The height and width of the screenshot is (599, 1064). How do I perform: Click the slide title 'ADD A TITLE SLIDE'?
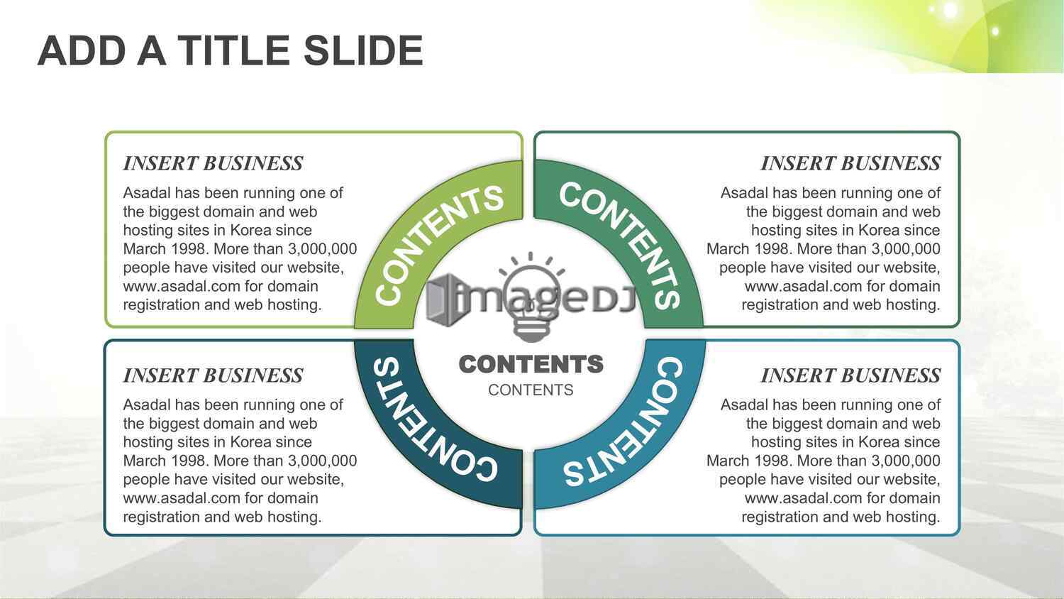pyautogui.click(x=231, y=50)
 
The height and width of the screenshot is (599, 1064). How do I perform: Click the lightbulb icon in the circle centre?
pyautogui.click(x=531, y=297)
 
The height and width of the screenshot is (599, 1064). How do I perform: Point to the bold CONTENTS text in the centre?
pyautogui.click(x=531, y=365)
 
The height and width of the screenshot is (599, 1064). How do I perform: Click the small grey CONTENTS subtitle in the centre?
pyautogui.click(x=531, y=390)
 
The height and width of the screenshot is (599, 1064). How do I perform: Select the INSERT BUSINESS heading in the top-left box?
pyautogui.click(x=213, y=163)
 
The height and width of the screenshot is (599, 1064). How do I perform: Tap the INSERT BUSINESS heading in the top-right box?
pyautogui.click(x=850, y=163)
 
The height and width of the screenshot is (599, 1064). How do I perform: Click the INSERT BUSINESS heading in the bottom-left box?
pyautogui.click(x=213, y=375)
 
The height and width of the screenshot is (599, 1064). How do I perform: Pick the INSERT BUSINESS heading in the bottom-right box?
pyautogui.click(x=850, y=375)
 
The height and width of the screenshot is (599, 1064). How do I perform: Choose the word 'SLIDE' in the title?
pyautogui.click(x=363, y=50)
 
